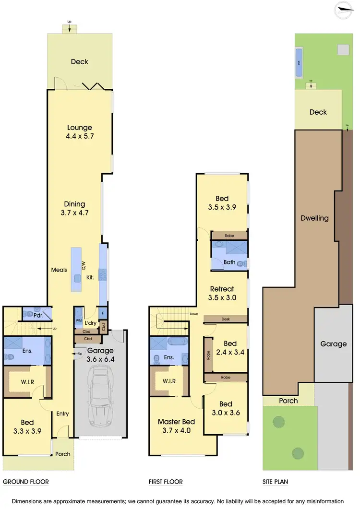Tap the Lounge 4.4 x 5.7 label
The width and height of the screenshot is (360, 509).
coord(79,132)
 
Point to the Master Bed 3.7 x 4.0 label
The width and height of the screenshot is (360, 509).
coord(176,426)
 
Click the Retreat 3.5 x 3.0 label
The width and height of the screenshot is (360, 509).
coord(222,293)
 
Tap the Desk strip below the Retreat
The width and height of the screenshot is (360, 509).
coord(226,319)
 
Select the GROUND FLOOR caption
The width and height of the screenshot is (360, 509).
coord(26,482)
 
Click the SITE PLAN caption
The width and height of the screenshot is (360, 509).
coord(275,482)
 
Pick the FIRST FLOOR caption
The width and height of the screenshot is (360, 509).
coord(166,482)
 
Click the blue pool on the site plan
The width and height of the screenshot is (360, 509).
coord(299,63)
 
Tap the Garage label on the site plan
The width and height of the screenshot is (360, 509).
coord(334,344)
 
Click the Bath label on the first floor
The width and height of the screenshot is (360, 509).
coord(229,262)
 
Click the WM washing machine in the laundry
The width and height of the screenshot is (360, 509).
coord(79,320)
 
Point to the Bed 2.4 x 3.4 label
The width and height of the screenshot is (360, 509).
coord(230,348)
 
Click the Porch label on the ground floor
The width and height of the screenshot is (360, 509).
coord(62,454)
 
